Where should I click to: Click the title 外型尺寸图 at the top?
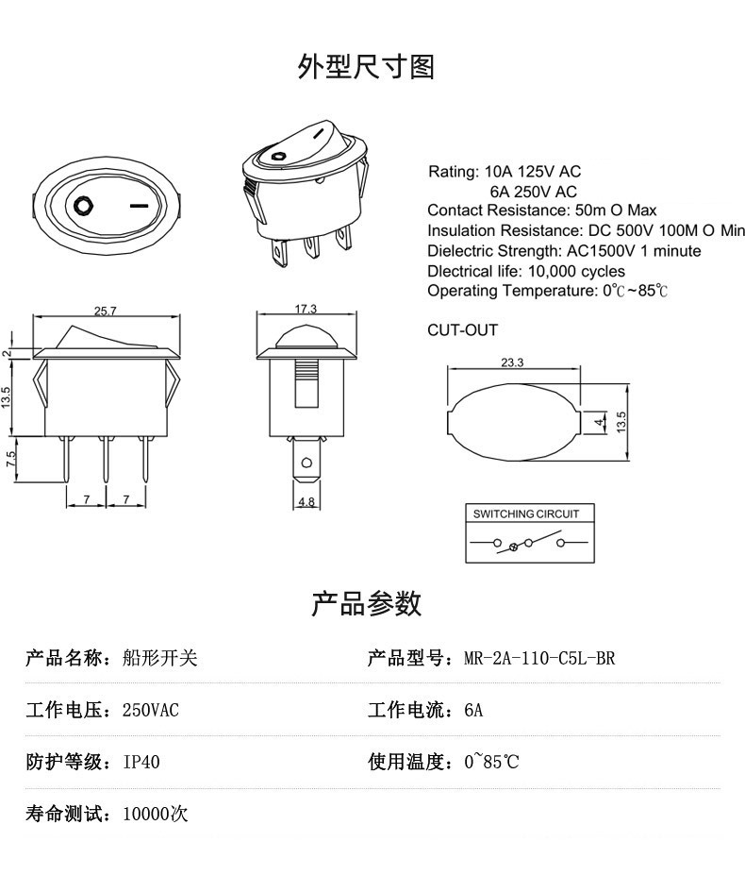pyautogui.click(x=366, y=67)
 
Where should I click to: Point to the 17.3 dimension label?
pyautogui.click(x=305, y=310)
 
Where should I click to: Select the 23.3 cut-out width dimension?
pyautogui.click(x=512, y=362)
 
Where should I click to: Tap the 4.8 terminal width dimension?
pyautogui.click(x=306, y=502)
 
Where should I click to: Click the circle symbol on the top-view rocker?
pyautogui.click(x=82, y=204)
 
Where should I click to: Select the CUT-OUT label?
pyautogui.click(x=462, y=330)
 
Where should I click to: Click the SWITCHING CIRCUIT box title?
pyautogui.click(x=529, y=514)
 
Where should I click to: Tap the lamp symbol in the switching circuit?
pyautogui.click(x=513, y=547)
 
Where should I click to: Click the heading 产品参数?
pyautogui.click(x=366, y=603)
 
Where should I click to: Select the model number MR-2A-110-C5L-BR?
pyautogui.click(x=539, y=658)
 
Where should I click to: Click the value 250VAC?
pyautogui.click(x=151, y=710)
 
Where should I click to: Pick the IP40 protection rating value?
pyautogui.click(x=141, y=762)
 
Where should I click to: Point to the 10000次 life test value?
pyautogui.click(x=156, y=814)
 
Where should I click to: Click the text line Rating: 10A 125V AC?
pyautogui.click(x=505, y=172)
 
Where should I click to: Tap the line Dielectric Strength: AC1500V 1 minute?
pyautogui.click(x=564, y=251)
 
